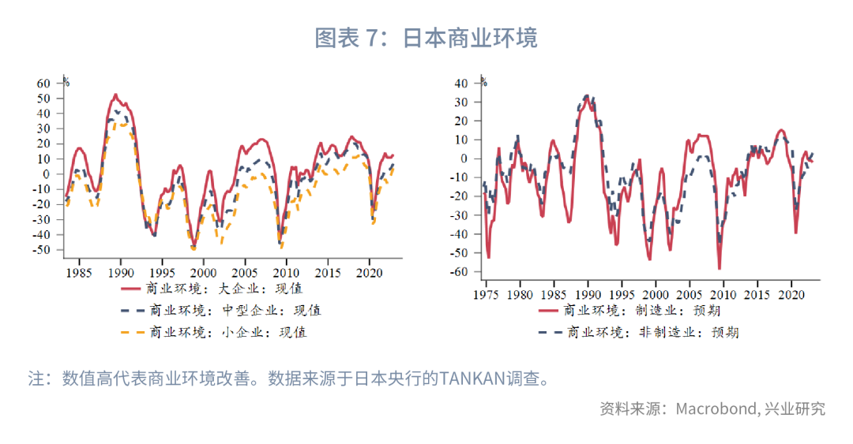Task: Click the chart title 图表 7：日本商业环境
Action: click(x=426, y=37)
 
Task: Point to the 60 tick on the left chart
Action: click(x=43, y=83)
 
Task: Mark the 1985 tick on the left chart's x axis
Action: click(x=78, y=273)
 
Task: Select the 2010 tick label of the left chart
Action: click(x=286, y=273)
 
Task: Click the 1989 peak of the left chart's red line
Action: click(x=115, y=95)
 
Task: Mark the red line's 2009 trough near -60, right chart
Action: click(x=720, y=269)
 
